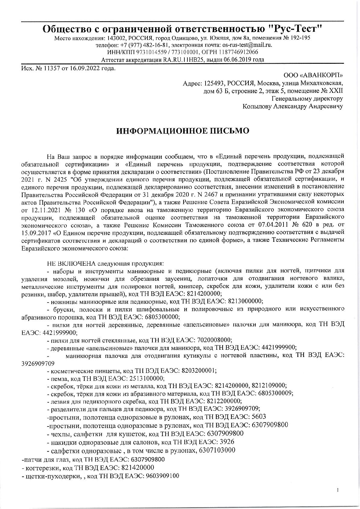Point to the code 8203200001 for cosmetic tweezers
tap(199, 370)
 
